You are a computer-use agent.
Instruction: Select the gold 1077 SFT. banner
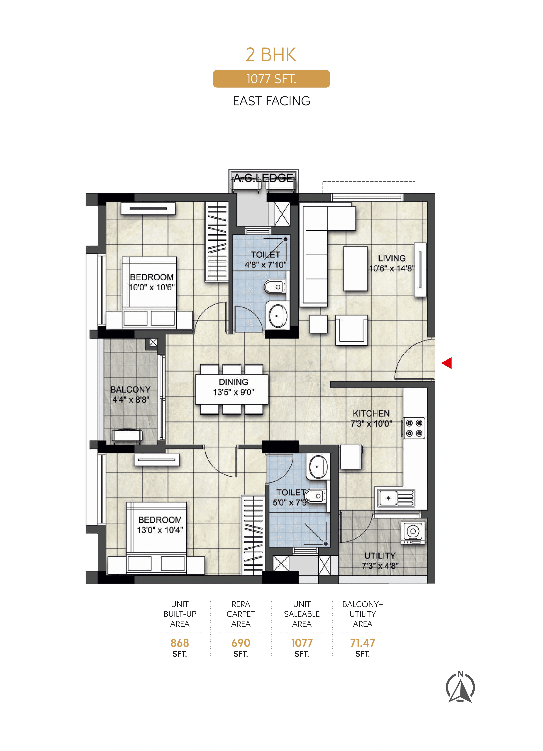coord(271,79)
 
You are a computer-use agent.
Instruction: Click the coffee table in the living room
coord(355,269)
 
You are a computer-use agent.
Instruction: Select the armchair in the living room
coord(351,330)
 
